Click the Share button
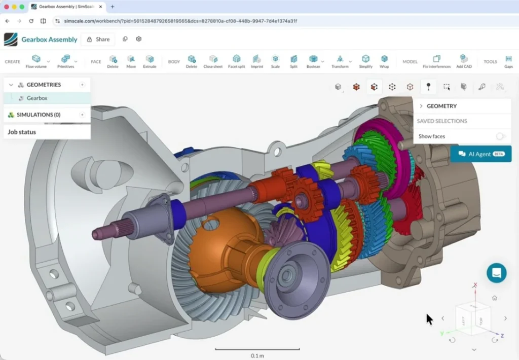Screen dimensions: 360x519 [98, 39]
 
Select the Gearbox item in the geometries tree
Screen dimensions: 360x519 [37, 98]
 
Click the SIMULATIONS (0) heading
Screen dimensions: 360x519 [38, 115]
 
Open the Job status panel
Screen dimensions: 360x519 [22, 132]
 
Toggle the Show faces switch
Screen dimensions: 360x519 [500, 136]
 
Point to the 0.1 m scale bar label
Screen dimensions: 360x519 [257, 355]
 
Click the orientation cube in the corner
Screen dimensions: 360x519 [472, 319]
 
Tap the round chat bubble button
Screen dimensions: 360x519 [496, 273]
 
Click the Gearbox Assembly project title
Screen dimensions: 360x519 [49, 39]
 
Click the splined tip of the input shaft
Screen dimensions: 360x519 [101, 233]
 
